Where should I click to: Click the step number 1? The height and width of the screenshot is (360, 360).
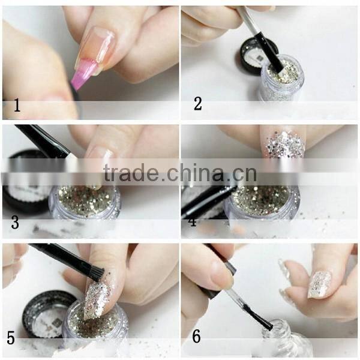(17, 106)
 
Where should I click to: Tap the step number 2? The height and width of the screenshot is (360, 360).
(197, 104)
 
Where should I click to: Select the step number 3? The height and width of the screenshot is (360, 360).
(15, 223)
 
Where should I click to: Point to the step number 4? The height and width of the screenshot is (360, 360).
(192, 221)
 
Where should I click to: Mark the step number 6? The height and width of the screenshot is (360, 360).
(197, 337)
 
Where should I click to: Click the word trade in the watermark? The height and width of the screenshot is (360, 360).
(130, 174)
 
